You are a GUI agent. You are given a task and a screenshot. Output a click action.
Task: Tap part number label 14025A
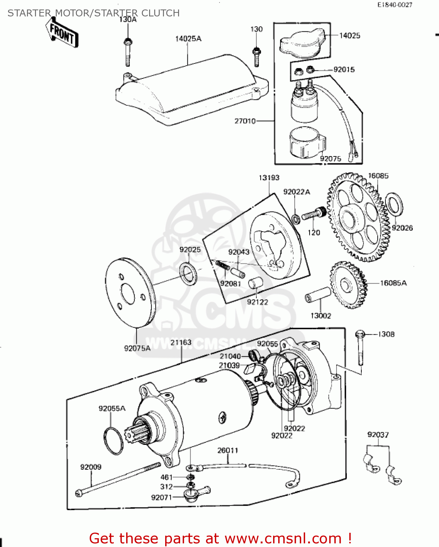(188, 39)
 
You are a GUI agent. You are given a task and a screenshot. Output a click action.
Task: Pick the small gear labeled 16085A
(348, 285)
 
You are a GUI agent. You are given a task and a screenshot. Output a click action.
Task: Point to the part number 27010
(245, 121)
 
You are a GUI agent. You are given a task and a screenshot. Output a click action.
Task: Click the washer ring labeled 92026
(394, 204)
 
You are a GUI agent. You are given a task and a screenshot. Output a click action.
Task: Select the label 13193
(269, 178)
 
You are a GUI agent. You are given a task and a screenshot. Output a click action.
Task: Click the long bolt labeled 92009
(119, 479)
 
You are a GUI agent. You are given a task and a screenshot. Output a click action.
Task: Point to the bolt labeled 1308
(360, 348)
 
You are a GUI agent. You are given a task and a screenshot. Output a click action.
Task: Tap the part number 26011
(228, 450)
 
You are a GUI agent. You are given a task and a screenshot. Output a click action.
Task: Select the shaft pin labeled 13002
(318, 295)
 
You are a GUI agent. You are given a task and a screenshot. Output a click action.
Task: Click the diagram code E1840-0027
(395, 5)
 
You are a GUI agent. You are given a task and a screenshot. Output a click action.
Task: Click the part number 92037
(378, 434)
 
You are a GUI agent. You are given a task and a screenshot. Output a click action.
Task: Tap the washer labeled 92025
(189, 273)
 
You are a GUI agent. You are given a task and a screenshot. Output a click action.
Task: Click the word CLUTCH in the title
(160, 13)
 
